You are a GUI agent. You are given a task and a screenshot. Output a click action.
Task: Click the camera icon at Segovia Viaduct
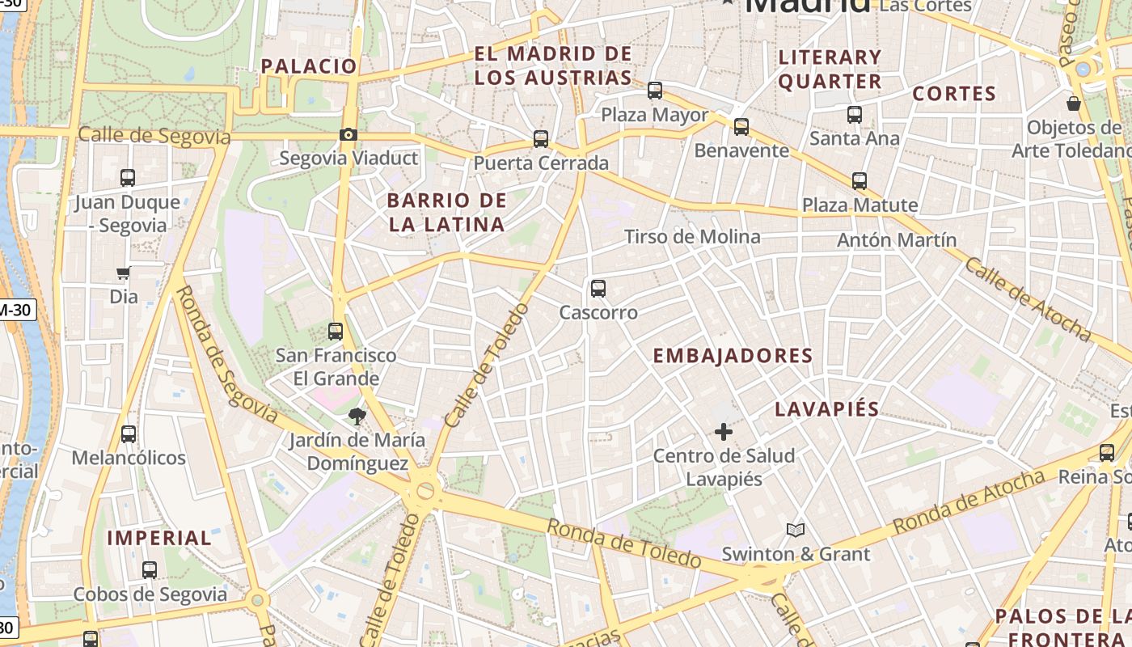(348, 135)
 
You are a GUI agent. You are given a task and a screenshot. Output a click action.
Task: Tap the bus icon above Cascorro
(598, 289)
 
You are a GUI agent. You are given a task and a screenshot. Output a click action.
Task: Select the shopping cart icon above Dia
(124, 273)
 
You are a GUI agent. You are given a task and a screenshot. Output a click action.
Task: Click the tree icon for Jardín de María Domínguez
(356, 417)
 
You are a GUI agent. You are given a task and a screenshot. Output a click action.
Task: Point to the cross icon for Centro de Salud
(724, 432)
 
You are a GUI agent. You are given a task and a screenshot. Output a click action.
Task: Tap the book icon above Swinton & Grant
(796, 530)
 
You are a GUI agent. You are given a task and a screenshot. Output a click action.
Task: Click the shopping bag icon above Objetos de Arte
(1074, 104)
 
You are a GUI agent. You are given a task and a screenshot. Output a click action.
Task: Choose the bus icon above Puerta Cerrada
(541, 139)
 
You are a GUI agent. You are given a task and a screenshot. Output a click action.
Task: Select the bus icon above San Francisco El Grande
(335, 331)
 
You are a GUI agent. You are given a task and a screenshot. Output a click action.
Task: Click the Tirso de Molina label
(692, 237)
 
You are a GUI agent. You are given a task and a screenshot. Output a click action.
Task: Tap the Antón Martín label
(897, 240)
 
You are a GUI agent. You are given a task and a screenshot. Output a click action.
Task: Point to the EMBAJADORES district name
(733, 356)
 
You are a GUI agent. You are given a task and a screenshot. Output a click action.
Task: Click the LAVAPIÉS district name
(826, 409)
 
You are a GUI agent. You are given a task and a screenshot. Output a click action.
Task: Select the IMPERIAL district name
(159, 538)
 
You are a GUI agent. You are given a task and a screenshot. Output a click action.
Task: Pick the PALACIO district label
(309, 66)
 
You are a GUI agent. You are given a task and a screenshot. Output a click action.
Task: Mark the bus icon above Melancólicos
(128, 434)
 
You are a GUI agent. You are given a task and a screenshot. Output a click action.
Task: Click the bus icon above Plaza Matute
(860, 181)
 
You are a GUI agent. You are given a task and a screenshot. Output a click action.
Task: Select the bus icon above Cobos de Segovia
(150, 570)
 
